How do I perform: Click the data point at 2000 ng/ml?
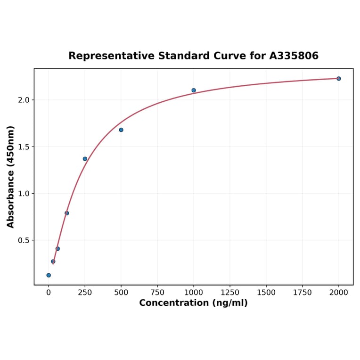click(x=338, y=79)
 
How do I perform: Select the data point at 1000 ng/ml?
click(x=194, y=90)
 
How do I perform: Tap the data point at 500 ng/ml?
click(x=121, y=130)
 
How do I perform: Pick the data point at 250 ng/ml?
click(x=85, y=159)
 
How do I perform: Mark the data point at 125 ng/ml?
click(x=67, y=213)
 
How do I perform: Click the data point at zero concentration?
click(x=49, y=275)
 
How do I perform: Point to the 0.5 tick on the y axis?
click(x=24, y=240)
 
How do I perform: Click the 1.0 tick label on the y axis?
click(x=24, y=194)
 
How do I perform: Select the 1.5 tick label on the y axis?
click(x=24, y=147)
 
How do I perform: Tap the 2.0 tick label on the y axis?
click(x=24, y=100)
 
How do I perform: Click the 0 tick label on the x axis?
click(x=49, y=293)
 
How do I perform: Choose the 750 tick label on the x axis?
click(x=157, y=293)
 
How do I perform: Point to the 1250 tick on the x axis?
click(x=230, y=293)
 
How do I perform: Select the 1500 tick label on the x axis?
click(x=266, y=293)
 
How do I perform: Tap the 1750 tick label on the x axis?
click(x=303, y=293)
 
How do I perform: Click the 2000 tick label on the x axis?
click(x=339, y=293)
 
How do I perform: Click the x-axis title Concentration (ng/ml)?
click(x=193, y=303)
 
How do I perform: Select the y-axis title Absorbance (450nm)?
click(x=10, y=177)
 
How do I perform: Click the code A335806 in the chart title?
click(x=294, y=56)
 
